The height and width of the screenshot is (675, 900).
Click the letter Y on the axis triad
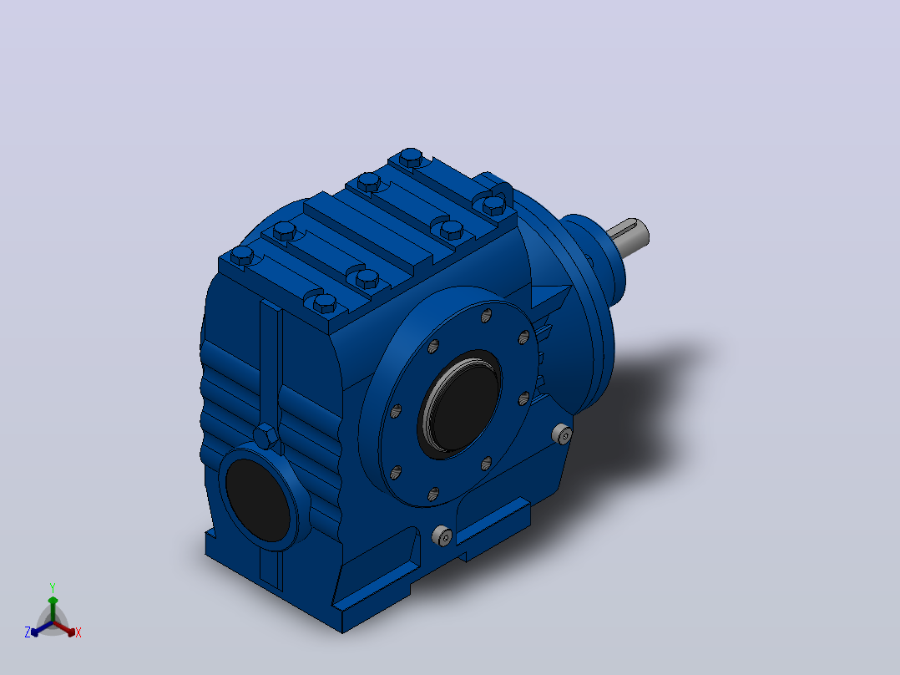53,587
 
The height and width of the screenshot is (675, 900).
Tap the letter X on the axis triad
78,632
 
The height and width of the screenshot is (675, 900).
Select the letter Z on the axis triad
28,632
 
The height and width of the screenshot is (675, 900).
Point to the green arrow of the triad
53,609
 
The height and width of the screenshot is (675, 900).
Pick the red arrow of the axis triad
65,628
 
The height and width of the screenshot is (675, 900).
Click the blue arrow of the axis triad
42,628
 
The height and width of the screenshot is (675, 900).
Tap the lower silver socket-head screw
442,535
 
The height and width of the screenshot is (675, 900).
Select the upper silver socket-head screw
563,435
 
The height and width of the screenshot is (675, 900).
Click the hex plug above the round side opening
265,436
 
